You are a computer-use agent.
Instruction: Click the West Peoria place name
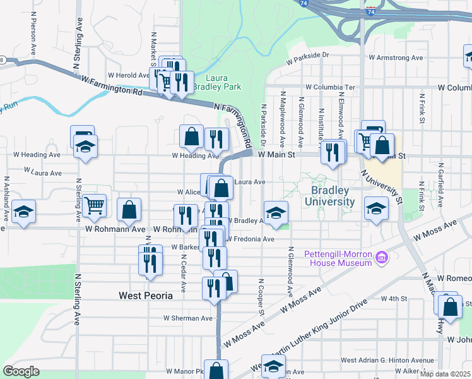click(146, 295)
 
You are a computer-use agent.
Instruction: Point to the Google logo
click(21, 371)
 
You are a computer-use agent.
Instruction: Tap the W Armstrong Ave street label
click(396, 57)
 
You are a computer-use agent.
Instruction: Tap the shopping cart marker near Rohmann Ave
click(94, 205)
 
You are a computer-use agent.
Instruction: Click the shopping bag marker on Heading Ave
click(191, 136)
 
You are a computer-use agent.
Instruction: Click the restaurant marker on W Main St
click(333, 152)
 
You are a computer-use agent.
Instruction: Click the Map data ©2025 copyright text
click(445, 374)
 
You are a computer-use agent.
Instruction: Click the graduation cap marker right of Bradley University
click(376, 208)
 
